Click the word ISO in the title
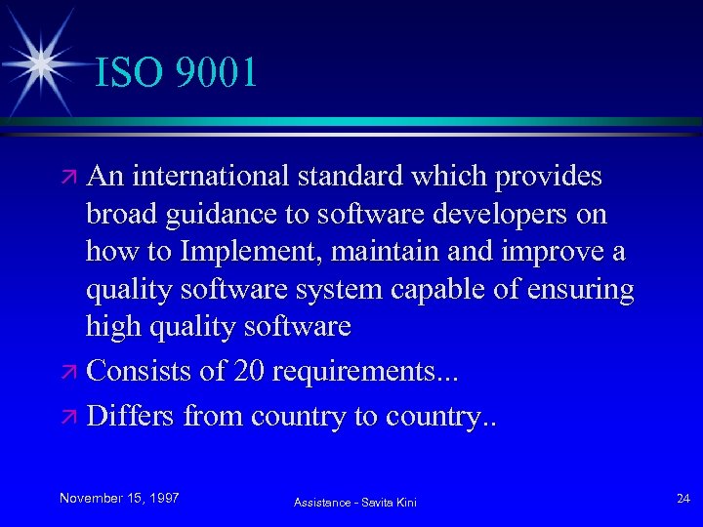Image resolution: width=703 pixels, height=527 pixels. (128, 72)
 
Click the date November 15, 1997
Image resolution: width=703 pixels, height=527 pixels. (119, 498)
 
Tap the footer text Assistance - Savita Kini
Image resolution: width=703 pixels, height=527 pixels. (355, 502)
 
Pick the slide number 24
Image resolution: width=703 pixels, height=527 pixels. (682, 498)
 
